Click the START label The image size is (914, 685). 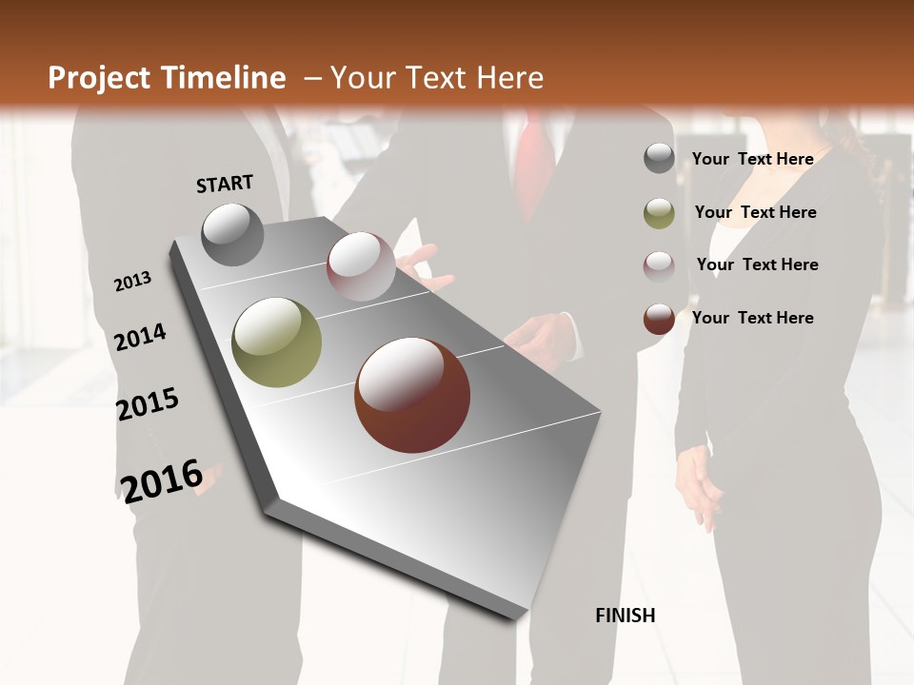[225, 183]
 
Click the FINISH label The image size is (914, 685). [625, 616]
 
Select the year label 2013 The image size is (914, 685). [132, 282]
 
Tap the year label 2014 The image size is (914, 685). [140, 337]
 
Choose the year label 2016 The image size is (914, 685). [162, 480]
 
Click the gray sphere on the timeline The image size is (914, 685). [232, 234]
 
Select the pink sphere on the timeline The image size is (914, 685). [361, 265]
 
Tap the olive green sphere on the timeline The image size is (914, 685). [276, 342]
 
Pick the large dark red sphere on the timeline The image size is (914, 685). [412, 395]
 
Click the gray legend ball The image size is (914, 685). [659, 158]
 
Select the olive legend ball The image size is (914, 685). [659, 213]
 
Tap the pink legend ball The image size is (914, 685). [659, 265]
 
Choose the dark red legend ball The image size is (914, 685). [659, 319]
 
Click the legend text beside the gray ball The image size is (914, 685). [752, 159]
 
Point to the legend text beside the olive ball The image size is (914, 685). [755, 212]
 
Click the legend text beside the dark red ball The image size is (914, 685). [752, 318]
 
